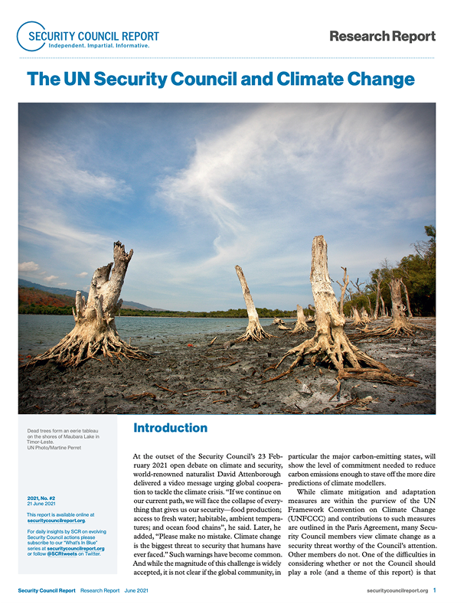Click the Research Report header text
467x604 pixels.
tap(382, 36)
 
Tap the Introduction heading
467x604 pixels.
tap(170, 428)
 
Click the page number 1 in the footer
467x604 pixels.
tap(435, 590)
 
